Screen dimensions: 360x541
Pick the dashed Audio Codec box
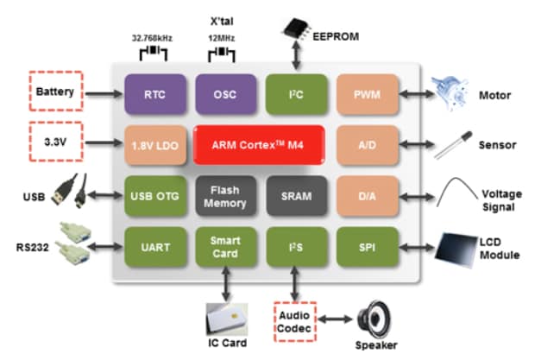296,321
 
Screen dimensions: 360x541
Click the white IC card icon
227,321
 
